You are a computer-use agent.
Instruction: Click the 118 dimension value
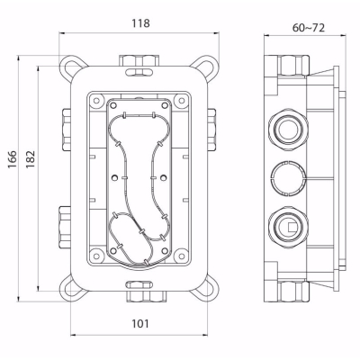click(140, 23)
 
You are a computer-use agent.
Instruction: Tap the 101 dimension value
click(140, 324)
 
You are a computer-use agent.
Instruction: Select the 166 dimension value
click(13, 159)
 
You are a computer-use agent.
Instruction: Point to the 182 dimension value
click(31, 159)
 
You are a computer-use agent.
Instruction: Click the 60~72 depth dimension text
click(309, 28)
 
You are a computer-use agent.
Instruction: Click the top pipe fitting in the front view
click(139, 60)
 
